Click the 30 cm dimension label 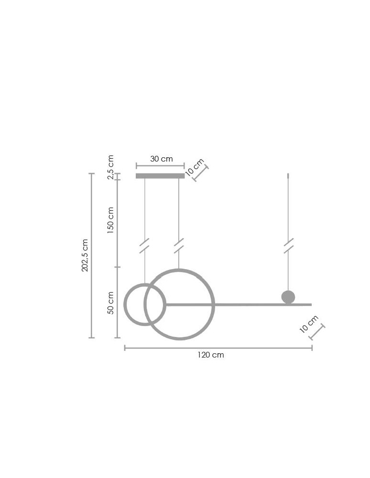click(x=161, y=159)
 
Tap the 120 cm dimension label click(x=211, y=355)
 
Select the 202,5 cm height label click(x=85, y=255)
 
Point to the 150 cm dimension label click(x=111, y=220)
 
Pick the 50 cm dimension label click(x=111, y=303)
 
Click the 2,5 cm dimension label click(x=111, y=167)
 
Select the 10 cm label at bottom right click(x=309, y=324)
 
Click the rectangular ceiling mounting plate click(x=160, y=176)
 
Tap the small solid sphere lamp click(x=288, y=297)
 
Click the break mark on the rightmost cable click(x=288, y=246)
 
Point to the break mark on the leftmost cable click(x=144, y=246)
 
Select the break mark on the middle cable click(x=179, y=246)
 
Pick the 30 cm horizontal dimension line click(x=160, y=166)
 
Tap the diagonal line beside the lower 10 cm click(x=317, y=332)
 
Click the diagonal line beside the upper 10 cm click(x=201, y=173)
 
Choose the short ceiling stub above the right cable click(x=288, y=176)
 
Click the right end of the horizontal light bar click(x=310, y=304)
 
